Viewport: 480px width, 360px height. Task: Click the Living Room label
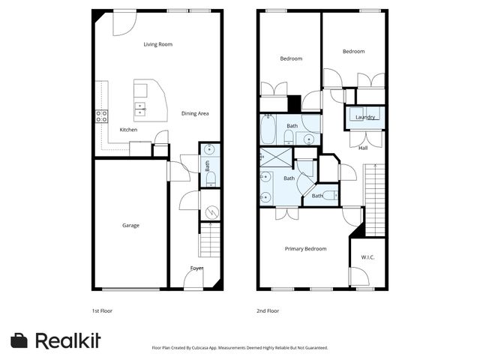pyautogui.click(x=158, y=44)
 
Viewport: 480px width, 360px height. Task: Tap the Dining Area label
pyautogui.click(x=195, y=113)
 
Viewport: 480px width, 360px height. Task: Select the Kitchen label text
pyautogui.click(x=128, y=130)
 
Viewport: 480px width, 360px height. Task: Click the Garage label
pyautogui.click(x=131, y=225)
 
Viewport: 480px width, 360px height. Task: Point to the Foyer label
pyautogui.click(x=196, y=268)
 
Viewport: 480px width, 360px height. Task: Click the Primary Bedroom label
pyautogui.click(x=305, y=248)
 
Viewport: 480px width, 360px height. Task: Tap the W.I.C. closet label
pyautogui.click(x=367, y=258)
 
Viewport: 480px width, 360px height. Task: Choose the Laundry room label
pyautogui.click(x=365, y=117)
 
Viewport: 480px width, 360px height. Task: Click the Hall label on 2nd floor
pyautogui.click(x=363, y=148)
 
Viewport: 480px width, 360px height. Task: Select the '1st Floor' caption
pyautogui.click(x=101, y=310)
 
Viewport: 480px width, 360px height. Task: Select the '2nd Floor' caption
pyautogui.click(x=268, y=310)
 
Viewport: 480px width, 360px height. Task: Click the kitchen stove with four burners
pyautogui.click(x=101, y=116)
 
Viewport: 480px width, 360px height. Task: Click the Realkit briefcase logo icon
pyautogui.click(x=19, y=340)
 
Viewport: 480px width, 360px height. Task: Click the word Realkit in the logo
pyautogui.click(x=68, y=340)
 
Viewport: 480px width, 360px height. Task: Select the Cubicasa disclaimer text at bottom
pyautogui.click(x=240, y=348)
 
